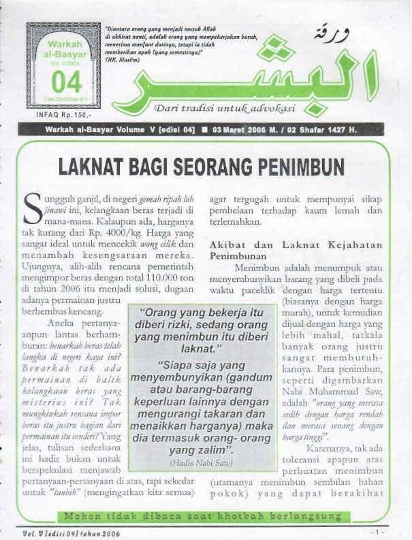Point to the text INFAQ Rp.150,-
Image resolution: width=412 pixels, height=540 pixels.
pos(60,115)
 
